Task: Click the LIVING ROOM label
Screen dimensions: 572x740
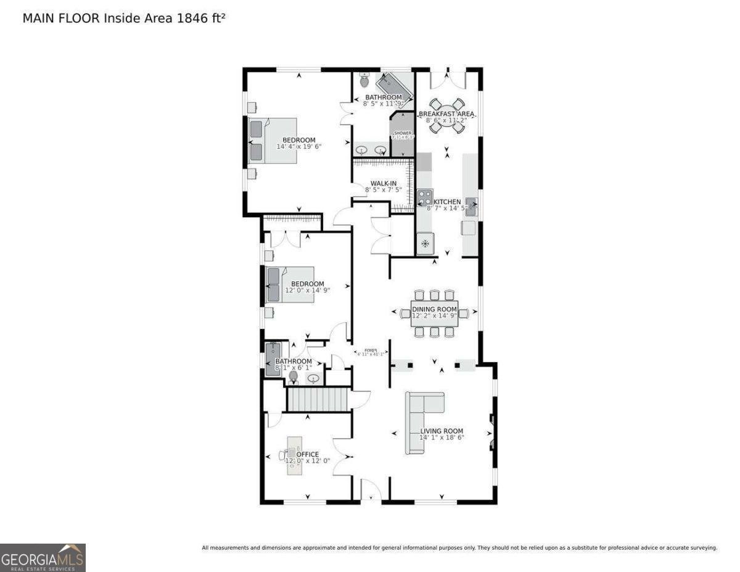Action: coord(442,431)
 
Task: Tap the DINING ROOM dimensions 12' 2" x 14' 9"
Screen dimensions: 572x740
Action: coord(435,316)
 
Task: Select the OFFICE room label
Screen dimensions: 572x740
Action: coord(308,454)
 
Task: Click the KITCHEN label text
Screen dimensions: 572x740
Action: coord(447,202)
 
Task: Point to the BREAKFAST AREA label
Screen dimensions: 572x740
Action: coord(446,114)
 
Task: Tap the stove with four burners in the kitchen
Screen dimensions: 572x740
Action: coord(425,197)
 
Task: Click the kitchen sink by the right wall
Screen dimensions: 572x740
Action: coord(471,205)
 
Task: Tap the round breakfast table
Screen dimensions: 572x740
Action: coord(446,116)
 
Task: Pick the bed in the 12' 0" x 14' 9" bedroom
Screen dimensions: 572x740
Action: coord(290,284)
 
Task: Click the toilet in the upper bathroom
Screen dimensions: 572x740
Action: coord(364,81)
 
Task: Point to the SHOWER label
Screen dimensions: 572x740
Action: coord(402,133)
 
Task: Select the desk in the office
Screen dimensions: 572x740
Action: coord(294,455)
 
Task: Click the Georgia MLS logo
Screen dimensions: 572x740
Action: coord(43,558)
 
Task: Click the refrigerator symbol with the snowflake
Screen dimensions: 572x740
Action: coord(425,243)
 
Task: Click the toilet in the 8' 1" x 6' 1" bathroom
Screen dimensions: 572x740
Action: coord(294,376)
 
